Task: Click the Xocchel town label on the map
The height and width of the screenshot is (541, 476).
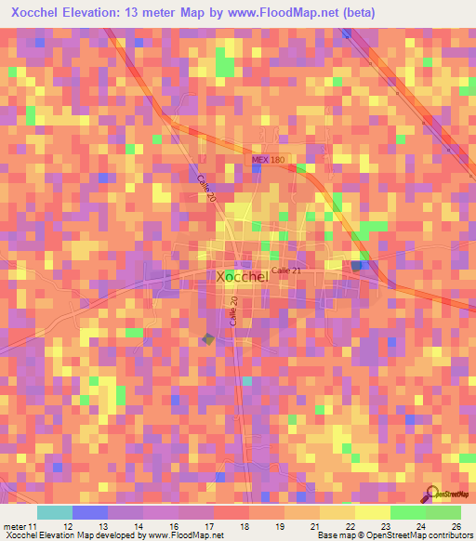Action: (x=242, y=276)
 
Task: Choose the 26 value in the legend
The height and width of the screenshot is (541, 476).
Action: (x=456, y=525)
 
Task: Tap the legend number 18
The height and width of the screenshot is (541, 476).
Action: (x=243, y=525)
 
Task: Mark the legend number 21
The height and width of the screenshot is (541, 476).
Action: (x=315, y=525)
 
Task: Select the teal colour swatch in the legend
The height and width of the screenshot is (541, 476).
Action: (x=55, y=512)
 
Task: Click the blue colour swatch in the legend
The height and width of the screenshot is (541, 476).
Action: (x=90, y=512)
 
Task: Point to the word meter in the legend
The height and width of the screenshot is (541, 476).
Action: (x=12, y=525)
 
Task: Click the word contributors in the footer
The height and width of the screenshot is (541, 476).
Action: (x=448, y=534)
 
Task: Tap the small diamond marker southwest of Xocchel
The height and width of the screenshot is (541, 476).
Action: (x=208, y=339)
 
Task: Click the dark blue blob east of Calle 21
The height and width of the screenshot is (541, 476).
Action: (x=358, y=266)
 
